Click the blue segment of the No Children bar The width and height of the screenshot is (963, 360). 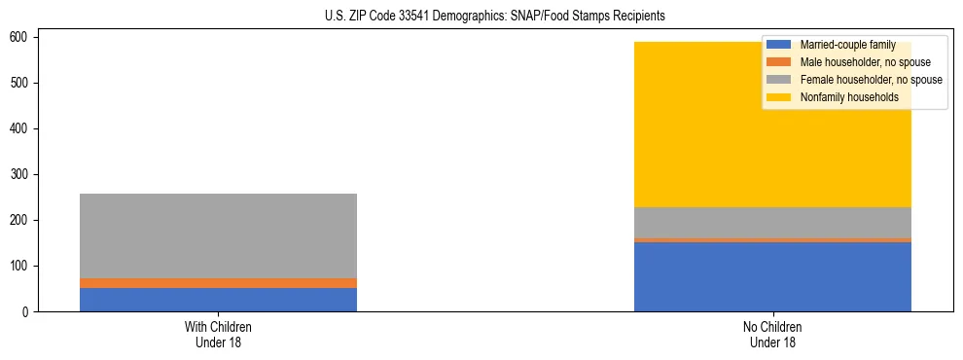point(772,277)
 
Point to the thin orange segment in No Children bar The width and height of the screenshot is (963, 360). point(772,239)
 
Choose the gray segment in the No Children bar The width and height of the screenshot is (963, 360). point(772,223)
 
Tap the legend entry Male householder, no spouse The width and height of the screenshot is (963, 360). point(852,62)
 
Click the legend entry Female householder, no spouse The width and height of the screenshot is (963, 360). point(856,80)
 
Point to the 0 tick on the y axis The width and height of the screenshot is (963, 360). point(27,311)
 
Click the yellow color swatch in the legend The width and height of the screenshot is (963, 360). point(779,97)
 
